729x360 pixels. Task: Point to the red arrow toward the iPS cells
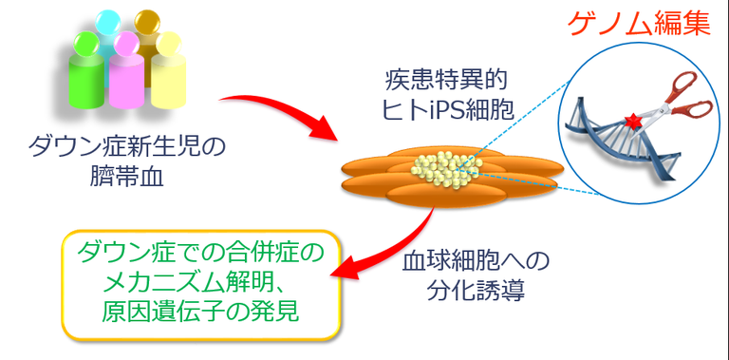[x=285, y=119]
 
